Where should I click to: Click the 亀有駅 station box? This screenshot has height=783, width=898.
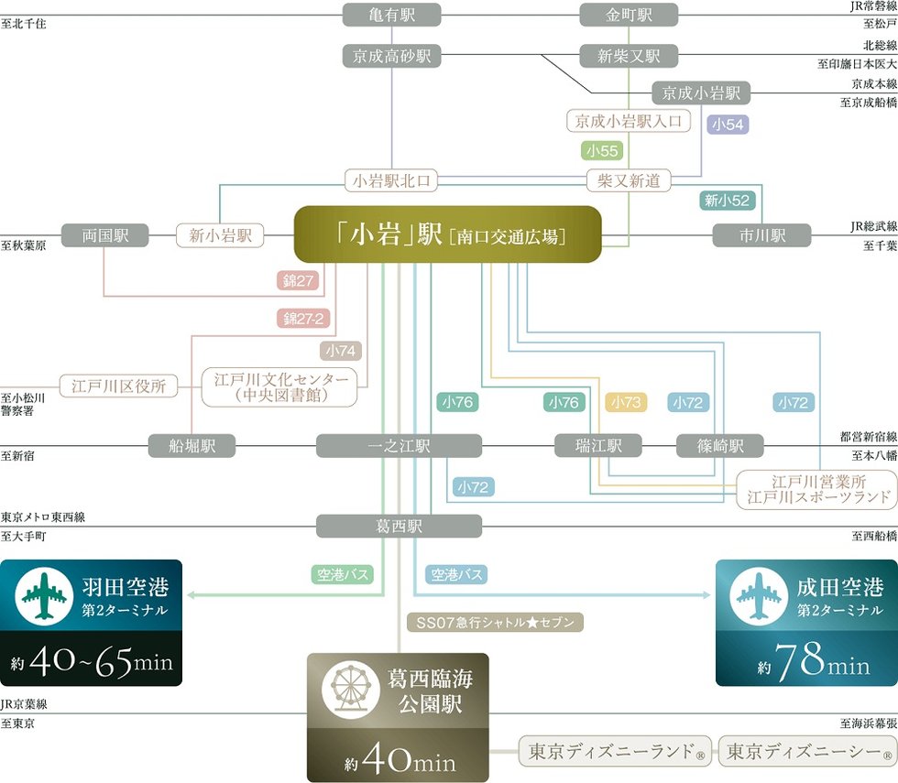[392, 16]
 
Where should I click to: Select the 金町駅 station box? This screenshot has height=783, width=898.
[629, 16]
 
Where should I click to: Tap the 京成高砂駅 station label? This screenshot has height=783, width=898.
[392, 56]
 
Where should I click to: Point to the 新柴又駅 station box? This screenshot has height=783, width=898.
[629, 56]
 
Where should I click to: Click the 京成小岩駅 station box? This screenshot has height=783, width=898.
[701, 92]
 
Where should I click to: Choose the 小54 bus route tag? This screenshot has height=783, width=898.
[728, 125]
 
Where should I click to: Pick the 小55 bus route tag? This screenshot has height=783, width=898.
[602, 150]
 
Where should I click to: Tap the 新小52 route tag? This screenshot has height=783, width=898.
[725, 200]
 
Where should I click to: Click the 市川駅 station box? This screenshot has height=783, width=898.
[761, 235]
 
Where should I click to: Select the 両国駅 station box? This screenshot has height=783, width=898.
[104, 235]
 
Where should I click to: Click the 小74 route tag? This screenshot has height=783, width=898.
[341, 350]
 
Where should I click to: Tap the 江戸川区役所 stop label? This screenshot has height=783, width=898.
[118, 386]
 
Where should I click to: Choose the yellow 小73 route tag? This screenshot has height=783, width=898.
[626, 401]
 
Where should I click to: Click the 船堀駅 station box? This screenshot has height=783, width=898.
[192, 446]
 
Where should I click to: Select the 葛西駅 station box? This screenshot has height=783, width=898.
[399, 527]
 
